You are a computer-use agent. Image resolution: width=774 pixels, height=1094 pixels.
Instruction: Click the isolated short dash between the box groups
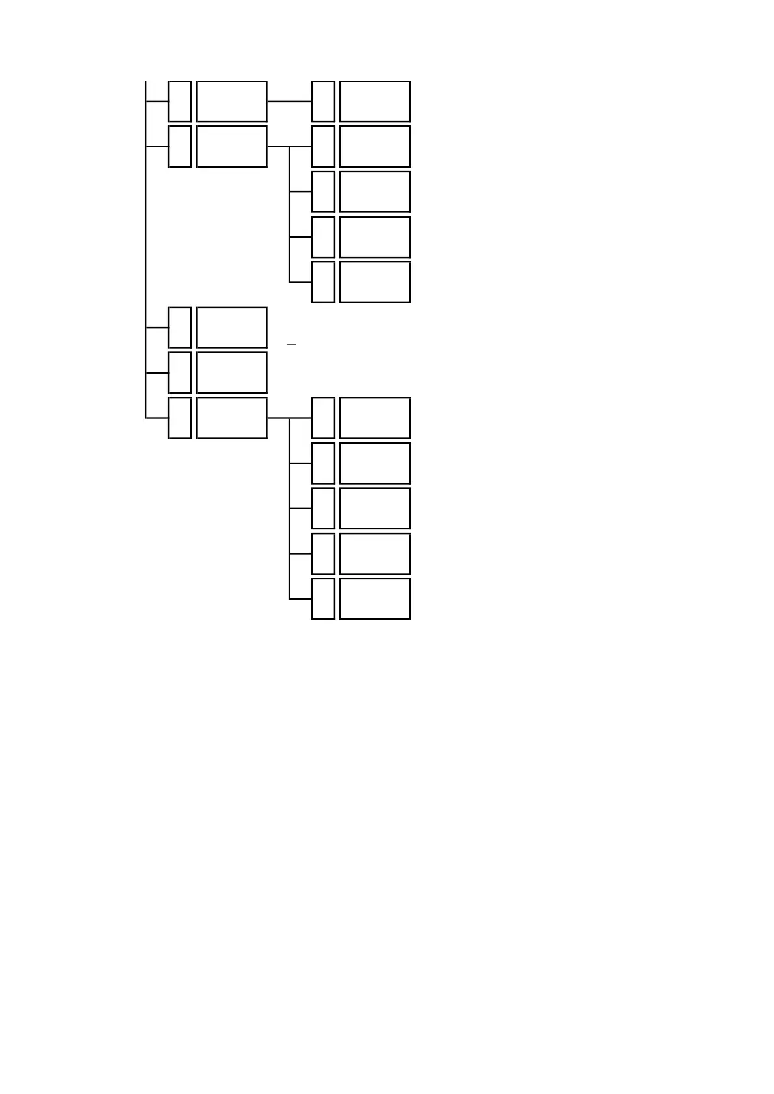tap(291, 344)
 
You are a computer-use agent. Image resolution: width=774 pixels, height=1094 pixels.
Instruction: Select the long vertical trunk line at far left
tap(146, 260)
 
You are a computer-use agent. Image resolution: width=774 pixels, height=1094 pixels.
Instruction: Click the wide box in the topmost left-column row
tap(231, 101)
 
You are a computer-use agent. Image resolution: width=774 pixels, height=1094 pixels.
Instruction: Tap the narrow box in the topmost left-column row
tap(179, 101)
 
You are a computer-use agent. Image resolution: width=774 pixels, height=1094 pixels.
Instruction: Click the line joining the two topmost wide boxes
tap(289, 101)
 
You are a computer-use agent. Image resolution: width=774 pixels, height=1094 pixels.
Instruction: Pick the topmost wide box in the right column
tap(375, 101)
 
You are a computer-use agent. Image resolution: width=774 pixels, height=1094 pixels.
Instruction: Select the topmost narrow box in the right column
tap(323, 101)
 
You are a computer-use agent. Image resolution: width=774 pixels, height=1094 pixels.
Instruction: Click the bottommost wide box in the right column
tap(375, 599)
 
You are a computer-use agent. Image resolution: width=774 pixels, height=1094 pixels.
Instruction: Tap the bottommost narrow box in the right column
tap(323, 599)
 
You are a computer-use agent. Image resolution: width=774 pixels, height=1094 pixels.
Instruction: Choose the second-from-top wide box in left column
tap(231, 147)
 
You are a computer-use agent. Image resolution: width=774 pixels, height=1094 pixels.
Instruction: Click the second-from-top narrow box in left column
tap(179, 147)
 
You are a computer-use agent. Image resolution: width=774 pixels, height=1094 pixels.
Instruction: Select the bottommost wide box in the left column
tap(231, 418)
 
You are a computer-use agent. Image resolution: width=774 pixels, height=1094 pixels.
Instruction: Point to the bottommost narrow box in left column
tap(179, 418)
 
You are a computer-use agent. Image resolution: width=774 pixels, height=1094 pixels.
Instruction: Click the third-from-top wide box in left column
tap(231, 327)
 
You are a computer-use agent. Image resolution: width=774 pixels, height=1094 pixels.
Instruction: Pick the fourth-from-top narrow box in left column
tap(179, 373)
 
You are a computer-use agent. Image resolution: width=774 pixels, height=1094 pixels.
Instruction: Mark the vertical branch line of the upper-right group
tap(289, 214)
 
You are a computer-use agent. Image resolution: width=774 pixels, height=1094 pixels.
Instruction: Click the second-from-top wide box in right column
tap(375, 147)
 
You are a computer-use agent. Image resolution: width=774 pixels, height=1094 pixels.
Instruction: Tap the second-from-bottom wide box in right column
tap(375, 553)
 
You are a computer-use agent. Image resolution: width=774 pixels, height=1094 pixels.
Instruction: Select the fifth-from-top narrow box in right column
tap(323, 282)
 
